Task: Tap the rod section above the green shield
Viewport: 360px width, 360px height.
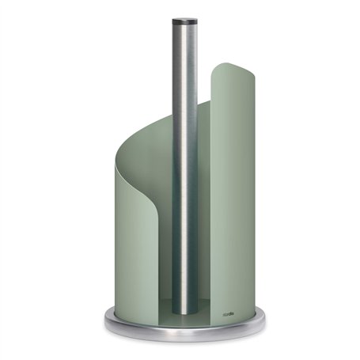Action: pyautogui.click(x=180, y=63)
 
